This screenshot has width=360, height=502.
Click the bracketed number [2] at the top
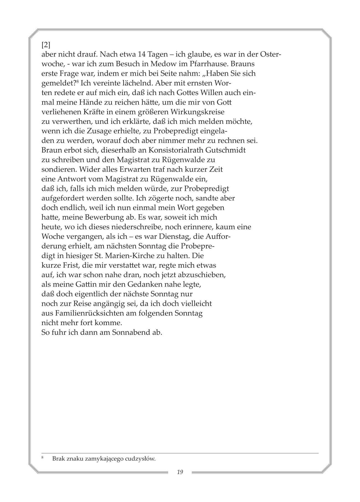pos(45,44)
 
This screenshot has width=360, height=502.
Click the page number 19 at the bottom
pos(180,472)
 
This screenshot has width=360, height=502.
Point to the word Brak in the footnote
pos(58,459)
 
